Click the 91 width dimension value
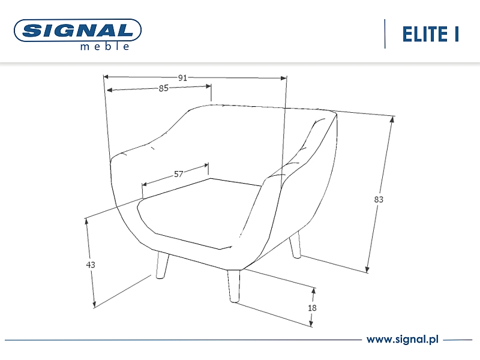(182, 78)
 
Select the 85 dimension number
(163, 88)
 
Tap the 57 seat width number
(178, 174)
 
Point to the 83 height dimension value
(379, 199)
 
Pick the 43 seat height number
(91, 265)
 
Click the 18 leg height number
(312, 308)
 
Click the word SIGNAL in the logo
(78, 30)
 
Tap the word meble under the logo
(104, 47)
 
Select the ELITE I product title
(430, 34)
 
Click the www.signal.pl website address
(403, 339)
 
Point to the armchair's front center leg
(234, 286)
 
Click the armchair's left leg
(162, 265)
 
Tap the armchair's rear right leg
(295, 244)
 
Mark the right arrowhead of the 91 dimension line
(284, 78)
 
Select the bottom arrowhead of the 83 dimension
(367, 269)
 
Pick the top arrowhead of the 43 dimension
(86, 221)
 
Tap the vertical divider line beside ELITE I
(385, 34)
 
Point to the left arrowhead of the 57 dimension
(145, 184)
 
